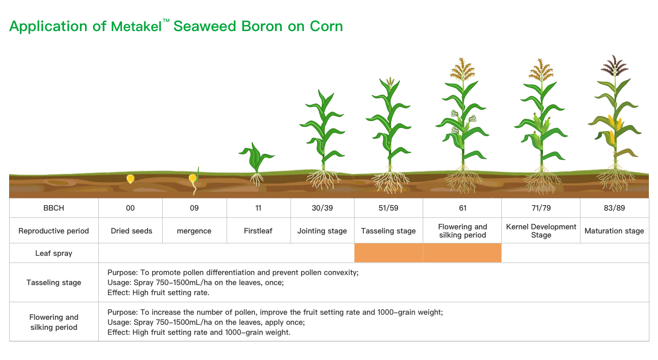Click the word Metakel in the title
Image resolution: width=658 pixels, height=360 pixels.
coord(136,26)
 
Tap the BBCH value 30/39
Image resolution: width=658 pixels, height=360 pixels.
coord(322,208)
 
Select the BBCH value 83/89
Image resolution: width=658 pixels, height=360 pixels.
coord(614,208)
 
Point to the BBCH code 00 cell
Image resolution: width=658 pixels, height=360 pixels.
coord(130,208)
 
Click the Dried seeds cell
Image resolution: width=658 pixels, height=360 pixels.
coord(130,231)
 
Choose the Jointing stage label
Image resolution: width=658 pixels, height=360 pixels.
coord(322,231)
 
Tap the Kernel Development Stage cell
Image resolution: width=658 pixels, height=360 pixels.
coord(541,231)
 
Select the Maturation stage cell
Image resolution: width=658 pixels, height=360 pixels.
coord(615,231)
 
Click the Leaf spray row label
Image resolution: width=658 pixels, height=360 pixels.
coord(54,254)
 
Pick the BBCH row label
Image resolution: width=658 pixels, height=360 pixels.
coord(54,208)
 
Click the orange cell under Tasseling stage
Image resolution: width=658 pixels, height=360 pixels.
coord(388,253)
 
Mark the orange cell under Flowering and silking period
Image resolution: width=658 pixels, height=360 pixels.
coord(462,253)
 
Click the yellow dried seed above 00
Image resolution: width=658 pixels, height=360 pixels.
coord(130,179)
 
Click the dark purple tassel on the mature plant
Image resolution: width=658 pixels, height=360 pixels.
coord(615,66)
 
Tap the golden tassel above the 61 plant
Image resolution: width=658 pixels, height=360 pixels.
coord(462,69)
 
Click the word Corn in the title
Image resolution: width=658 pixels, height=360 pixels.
coord(326,26)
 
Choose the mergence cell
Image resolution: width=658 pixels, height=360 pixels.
coord(194,231)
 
